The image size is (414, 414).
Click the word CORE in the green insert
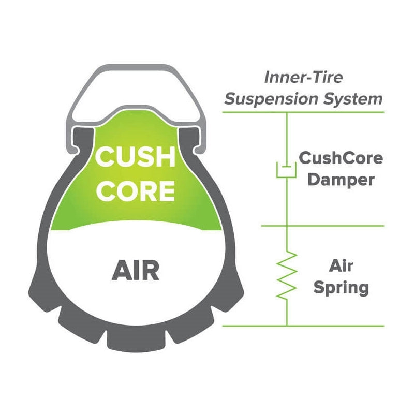(x=137, y=190)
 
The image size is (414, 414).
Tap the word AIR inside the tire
(x=135, y=270)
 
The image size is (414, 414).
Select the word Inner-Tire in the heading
(x=304, y=78)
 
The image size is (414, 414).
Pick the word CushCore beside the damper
(x=341, y=158)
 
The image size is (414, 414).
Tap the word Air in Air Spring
(x=341, y=266)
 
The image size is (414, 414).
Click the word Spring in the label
(x=342, y=287)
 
